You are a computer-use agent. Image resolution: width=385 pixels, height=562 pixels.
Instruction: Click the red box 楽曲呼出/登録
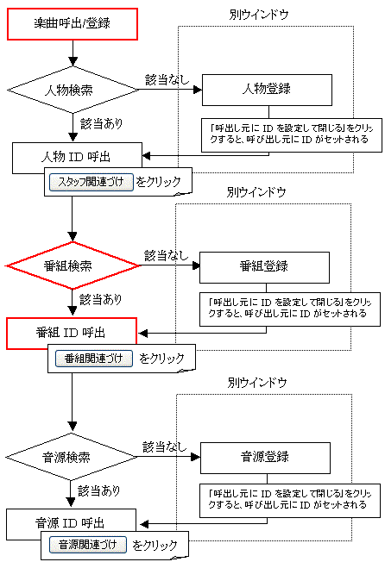click(73, 24)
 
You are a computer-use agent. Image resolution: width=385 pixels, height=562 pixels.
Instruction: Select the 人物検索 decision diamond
click(73, 90)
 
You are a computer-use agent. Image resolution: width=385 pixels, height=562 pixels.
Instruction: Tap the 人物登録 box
click(267, 90)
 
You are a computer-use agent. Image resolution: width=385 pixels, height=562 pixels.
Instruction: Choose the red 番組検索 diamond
click(73, 265)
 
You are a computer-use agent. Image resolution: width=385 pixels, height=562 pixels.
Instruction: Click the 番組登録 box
click(264, 267)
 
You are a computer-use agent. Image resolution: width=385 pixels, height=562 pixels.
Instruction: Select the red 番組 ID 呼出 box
click(72, 333)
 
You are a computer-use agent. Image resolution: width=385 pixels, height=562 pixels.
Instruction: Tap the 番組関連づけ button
click(94, 359)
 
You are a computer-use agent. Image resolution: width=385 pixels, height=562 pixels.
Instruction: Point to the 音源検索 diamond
click(71, 457)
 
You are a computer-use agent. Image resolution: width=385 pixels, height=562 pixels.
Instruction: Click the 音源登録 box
click(265, 458)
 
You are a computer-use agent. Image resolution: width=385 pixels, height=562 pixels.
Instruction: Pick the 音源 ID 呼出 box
click(71, 523)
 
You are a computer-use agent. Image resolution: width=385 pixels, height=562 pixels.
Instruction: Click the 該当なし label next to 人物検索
click(167, 79)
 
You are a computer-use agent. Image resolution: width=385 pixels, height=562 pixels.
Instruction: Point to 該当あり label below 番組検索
click(101, 299)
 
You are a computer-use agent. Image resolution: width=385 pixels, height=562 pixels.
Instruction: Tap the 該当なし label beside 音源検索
click(165, 447)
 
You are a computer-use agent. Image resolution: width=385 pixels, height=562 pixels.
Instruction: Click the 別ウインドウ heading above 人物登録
click(259, 15)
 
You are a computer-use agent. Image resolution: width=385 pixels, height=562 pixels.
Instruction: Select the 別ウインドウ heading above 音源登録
click(257, 383)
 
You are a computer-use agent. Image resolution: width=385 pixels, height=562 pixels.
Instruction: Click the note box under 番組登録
click(290, 309)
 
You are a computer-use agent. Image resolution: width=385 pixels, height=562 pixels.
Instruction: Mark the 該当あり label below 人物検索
click(102, 123)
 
